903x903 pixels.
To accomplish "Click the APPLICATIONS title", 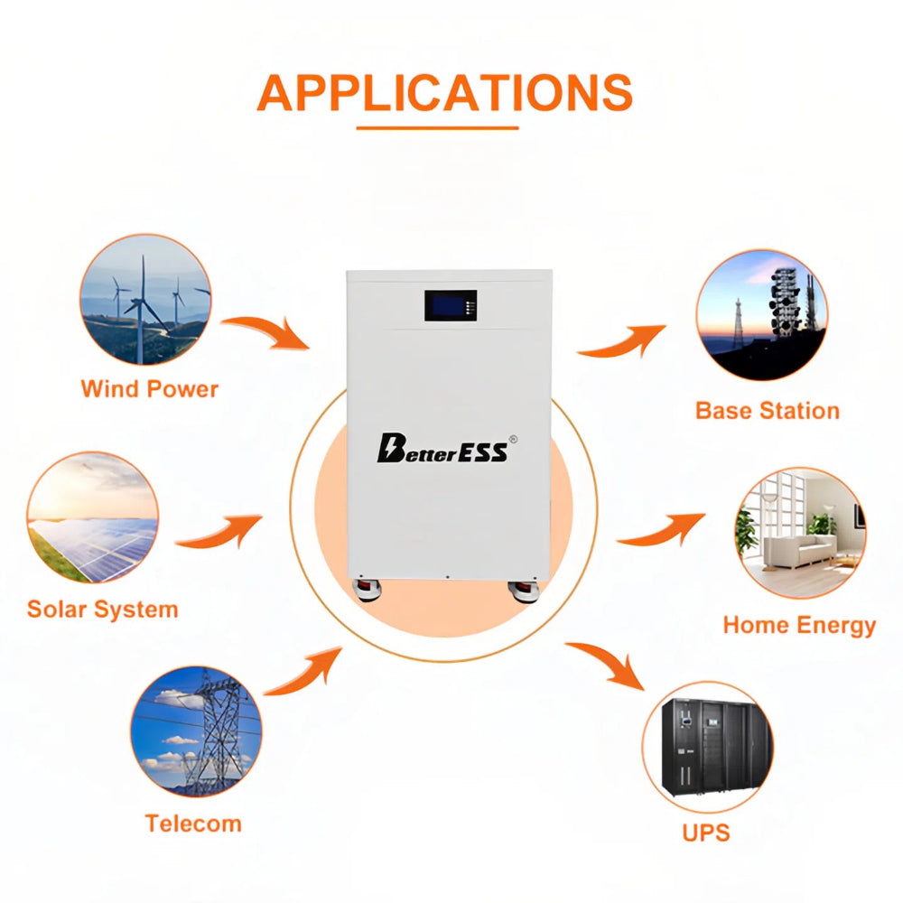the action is pyautogui.click(x=444, y=92).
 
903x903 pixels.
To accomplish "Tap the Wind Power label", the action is pyautogui.click(x=150, y=388).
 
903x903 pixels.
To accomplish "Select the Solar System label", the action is pyautogui.click(x=103, y=610).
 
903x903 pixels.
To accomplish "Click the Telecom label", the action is pyautogui.click(x=193, y=824).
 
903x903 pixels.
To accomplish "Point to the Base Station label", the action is pyautogui.click(x=767, y=411).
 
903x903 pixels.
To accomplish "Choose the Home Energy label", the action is pyautogui.click(x=799, y=626).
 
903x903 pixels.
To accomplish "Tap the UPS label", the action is pyautogui.click(x=706, y=833).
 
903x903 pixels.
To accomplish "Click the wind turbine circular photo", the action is pyautogui.click(x=145, y=300).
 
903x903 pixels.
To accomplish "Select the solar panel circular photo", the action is pyautogui.click(x=92, y=517).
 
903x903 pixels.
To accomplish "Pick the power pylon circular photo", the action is pyautogui.click(x=196, y=732).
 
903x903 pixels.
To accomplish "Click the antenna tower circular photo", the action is pyautogui.click(x=762, y=315).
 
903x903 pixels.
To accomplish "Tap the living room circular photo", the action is pyautogui.click(x=800, y=533).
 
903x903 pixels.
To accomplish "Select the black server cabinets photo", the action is pyautogui.click(x=708, y=747).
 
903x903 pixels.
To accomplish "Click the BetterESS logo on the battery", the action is pyautogui.click(x=446, y=448).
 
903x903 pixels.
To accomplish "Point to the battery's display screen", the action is pyautogui.click(x=451, y=305).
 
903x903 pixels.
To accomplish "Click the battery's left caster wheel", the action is pyautogui.click(x=367, y=591).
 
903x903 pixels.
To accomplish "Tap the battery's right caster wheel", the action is pyautogui.click(x=524, y=591).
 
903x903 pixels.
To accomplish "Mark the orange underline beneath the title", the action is pyautogui.click(x=438, y=128).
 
